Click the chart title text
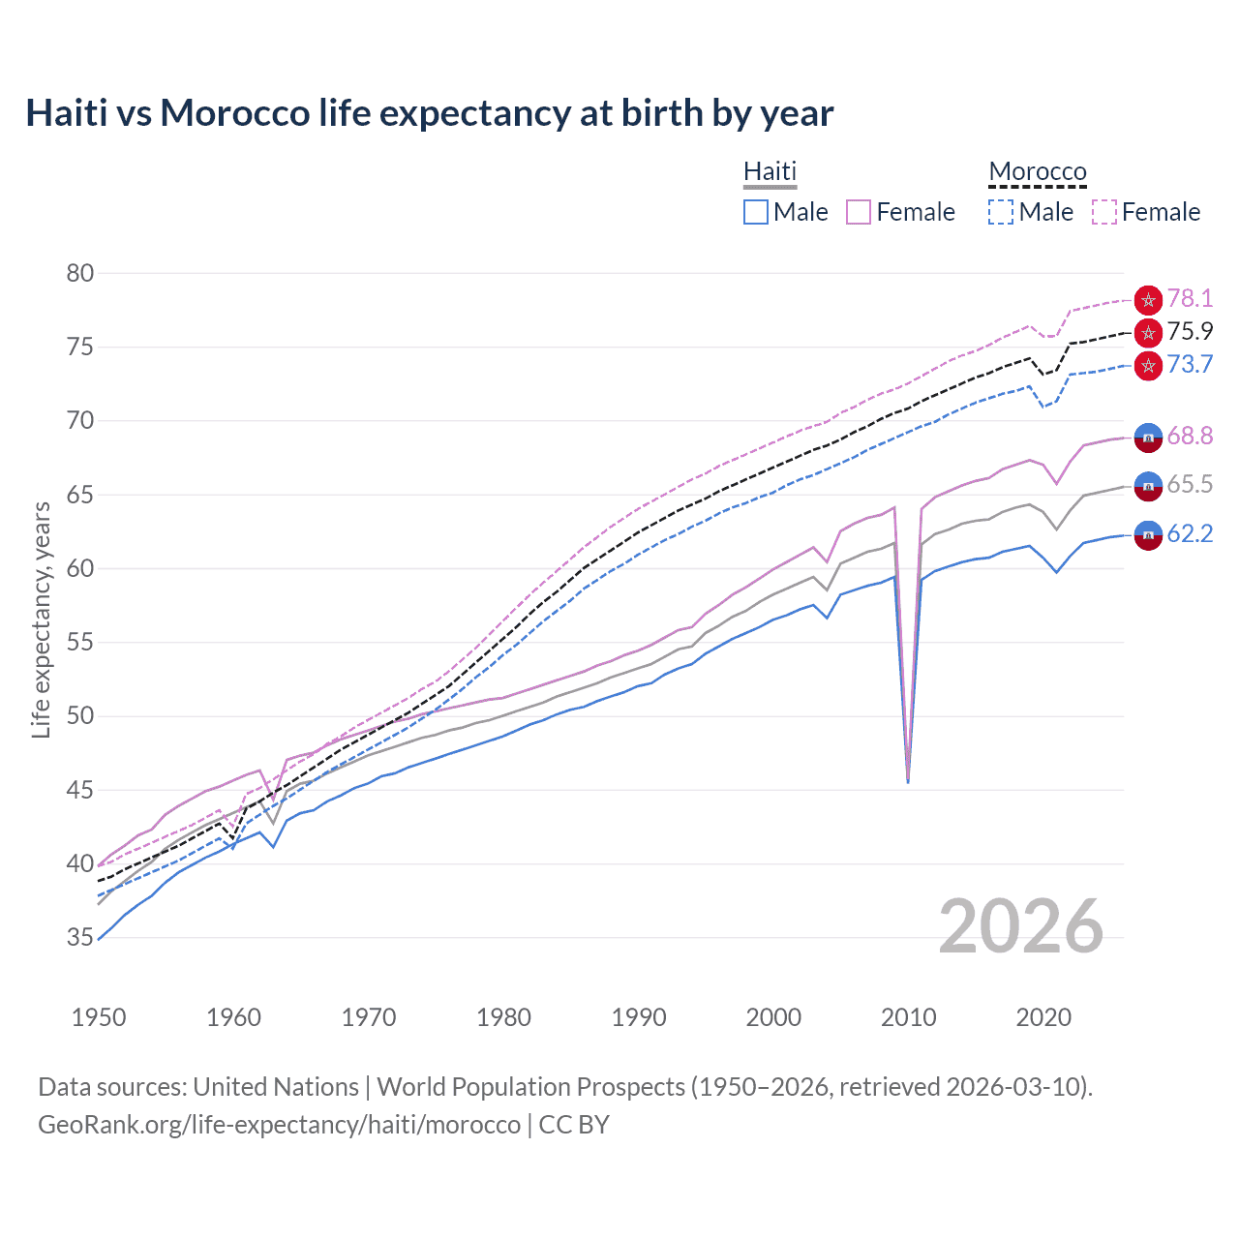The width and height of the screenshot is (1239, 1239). pyautogui.click(x=429, y=113)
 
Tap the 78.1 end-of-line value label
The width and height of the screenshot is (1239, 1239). pyautogui.click(x=1190, y=298)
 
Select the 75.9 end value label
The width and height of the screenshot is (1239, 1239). pyautogui.click(x=1190, y=331)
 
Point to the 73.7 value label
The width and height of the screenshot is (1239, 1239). pyautogui.click(x=1190, y=364)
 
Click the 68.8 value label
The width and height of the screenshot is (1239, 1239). pyautogui.click(x=1190, y=436)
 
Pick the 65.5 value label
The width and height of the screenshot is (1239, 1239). pyautogui.click(x=1190, y=484)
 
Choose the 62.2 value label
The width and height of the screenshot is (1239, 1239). pyautogui.click(x=1190, y=533)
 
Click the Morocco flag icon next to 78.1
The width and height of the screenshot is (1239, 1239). pyautogui.click(x=1148, y=300)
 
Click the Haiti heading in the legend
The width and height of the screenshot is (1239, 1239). pyautogui.click(x=770, y=171)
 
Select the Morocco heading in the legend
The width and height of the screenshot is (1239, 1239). pyautogui.click(x=1038, y=171)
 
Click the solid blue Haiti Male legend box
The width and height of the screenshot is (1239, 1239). pyautogui.click(x=756, y=212)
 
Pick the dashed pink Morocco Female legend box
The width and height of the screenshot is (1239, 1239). pyautogui.click(x=1104, y=212)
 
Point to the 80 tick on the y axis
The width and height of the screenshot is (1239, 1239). pyautogui.click(x=80, y=273)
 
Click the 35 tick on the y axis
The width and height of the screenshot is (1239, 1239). pyautogui.click(x=80, y=937)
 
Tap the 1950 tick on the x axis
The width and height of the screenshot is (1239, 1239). pyautogui.click(x=99, y=1017)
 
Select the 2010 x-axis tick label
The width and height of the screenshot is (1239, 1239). pyautogui.click(x=908, y=1017)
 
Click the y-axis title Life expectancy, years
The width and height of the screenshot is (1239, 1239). pyautogui.click(x=41, y=619)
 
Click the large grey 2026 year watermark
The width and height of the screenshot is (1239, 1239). pyautogui.click(x=1020, y=926)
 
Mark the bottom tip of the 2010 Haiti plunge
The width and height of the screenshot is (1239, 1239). pyautogui.click(x=908, y=781)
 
